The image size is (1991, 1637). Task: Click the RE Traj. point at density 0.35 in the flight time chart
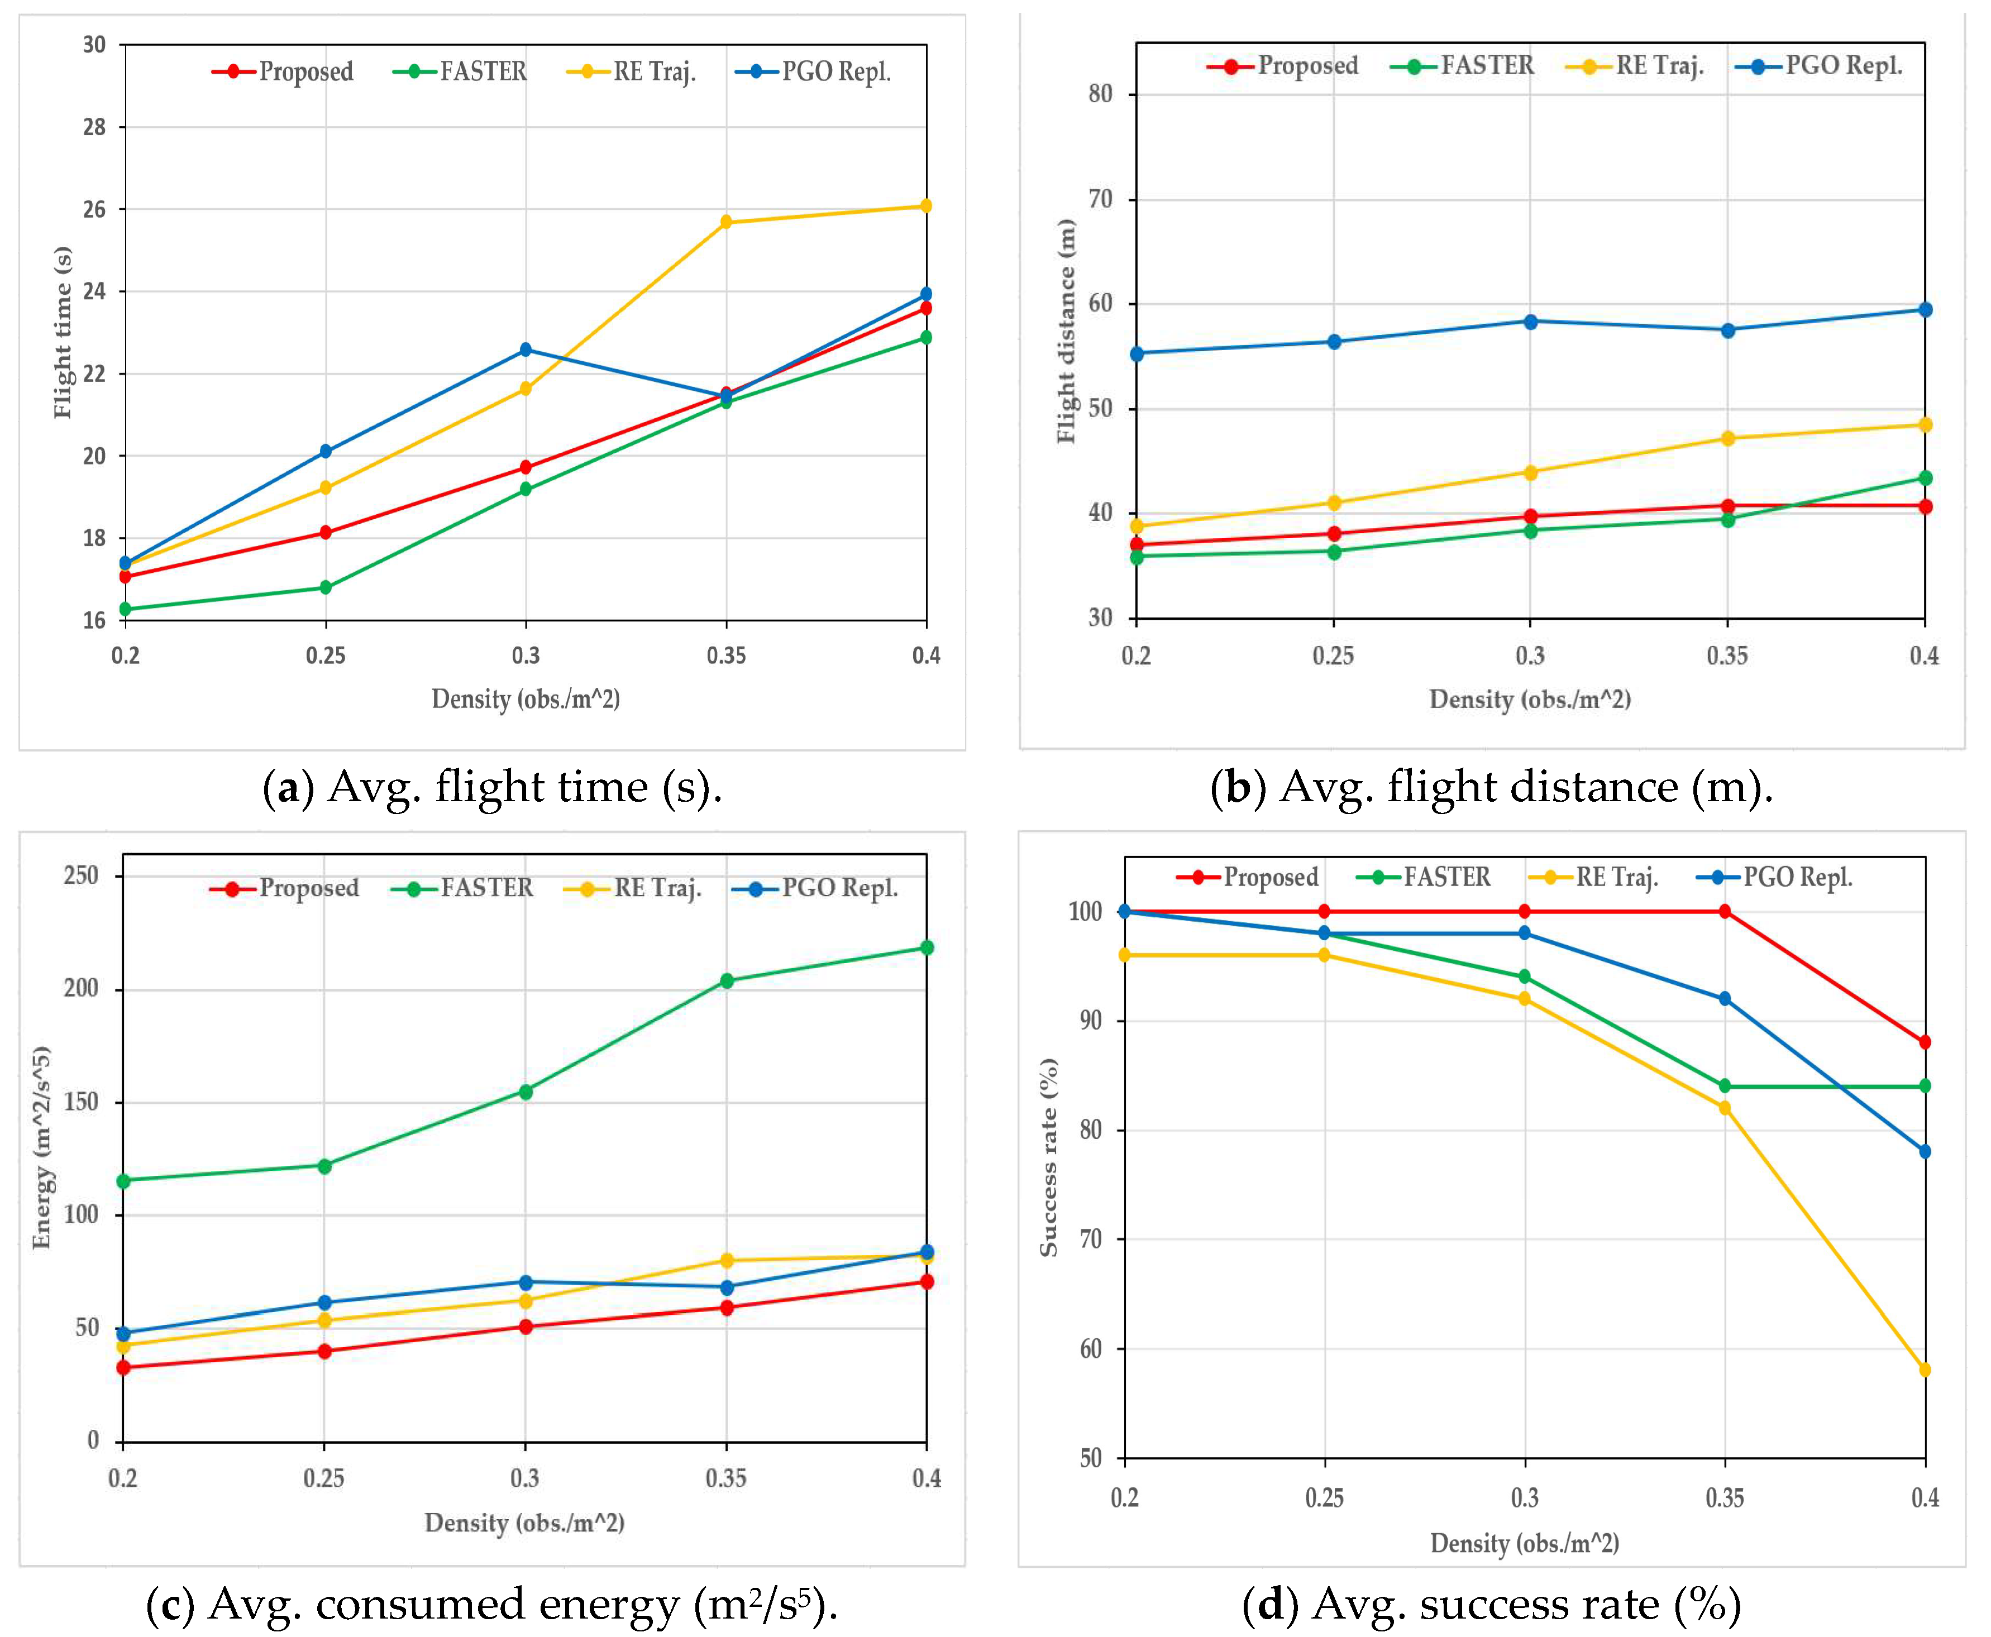(726, 223)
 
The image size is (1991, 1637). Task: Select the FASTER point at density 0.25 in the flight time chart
(326, 587)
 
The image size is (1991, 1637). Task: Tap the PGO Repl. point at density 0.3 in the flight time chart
(526, 350)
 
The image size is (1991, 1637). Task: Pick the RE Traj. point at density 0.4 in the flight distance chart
(1925, 425)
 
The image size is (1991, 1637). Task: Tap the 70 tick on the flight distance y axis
(1100, 199)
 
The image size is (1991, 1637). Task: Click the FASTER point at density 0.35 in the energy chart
(726, 980)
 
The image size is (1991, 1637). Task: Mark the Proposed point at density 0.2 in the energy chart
(123, 1367)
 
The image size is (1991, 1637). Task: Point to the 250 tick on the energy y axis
(81, 876)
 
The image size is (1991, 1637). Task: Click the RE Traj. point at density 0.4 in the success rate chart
(1925, 1370)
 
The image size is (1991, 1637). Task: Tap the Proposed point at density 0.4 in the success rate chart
(1925, 1043)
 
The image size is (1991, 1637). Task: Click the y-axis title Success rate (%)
(1049, 1157)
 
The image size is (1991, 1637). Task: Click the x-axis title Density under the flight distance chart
(1530, 700)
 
